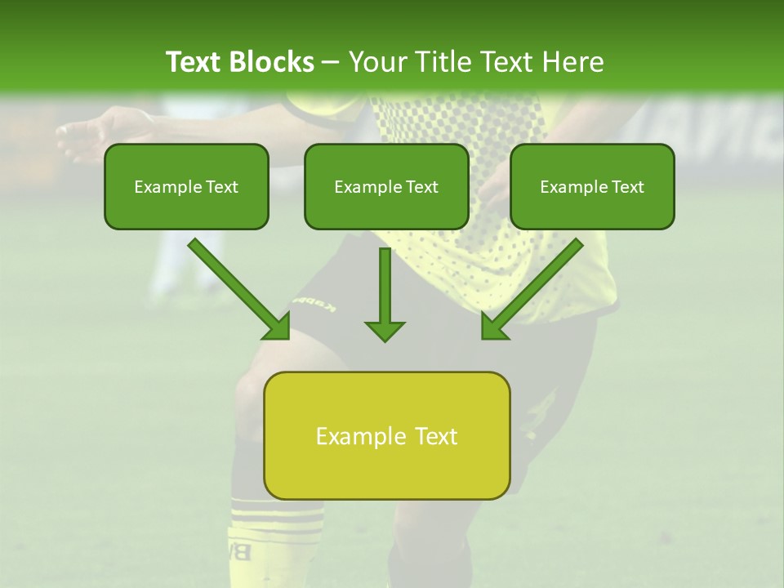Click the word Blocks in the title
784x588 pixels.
(273, 62)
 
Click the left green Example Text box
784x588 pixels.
(186, 187)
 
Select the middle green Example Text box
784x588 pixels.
(386, 187)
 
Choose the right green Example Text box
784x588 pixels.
(592, 187)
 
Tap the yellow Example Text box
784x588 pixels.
(386, 436)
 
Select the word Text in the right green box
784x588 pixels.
(627, 187)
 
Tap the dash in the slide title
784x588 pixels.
(331, 63)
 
